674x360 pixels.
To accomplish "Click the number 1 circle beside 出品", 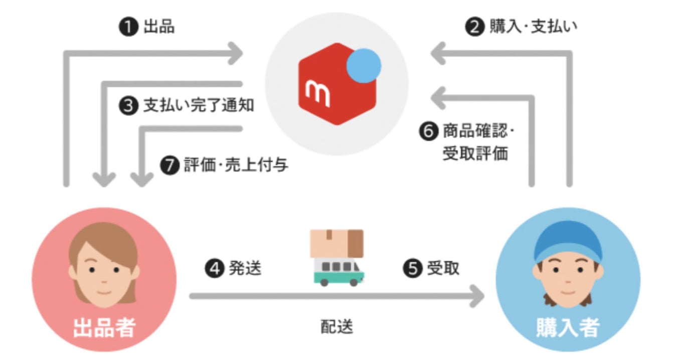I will click(128, 27).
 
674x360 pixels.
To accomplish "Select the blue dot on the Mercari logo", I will click(364, 66).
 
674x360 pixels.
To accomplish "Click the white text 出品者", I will click(104, 327).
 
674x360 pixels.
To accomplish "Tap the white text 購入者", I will click(568, 327).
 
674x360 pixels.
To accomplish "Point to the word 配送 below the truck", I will click(336, 326).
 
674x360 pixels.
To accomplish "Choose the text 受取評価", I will click(475, 153).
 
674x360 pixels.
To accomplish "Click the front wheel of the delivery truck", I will click(354, 282).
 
